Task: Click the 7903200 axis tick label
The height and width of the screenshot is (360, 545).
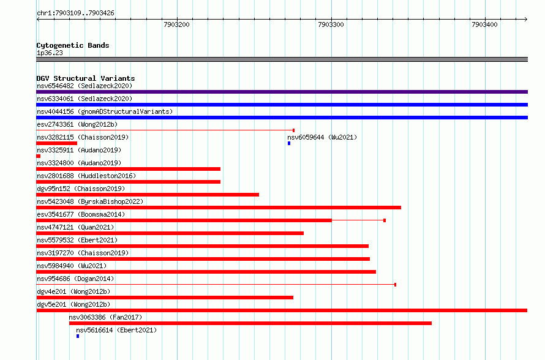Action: pos(176,24)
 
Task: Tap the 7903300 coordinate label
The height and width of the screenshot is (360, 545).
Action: pos(331,24)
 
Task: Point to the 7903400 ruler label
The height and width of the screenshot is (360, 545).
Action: pos(484,24)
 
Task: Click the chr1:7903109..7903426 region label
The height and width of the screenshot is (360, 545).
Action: pos(75,13)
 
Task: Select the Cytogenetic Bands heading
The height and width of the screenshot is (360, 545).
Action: pos(73,45)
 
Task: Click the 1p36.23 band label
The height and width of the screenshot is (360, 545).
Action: pos(50,53)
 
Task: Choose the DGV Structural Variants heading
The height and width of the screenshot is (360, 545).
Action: pos(86,78)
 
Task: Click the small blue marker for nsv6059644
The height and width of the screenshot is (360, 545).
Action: pos(289,143)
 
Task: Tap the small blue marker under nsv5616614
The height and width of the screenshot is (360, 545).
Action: pos(78,336)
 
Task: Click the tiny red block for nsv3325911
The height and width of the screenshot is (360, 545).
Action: pos(38,156)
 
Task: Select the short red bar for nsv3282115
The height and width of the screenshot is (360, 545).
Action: pos(57,143)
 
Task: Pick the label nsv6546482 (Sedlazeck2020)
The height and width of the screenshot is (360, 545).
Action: pos(85,86)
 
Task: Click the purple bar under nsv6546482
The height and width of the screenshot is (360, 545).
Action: pos(282,92)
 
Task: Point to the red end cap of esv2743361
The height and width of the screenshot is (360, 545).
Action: pos(294,130)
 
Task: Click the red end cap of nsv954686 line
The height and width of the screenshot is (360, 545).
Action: pos(395,285)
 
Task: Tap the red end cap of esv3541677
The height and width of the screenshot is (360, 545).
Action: pos(385,220)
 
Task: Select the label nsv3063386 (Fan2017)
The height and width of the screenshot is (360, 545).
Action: pos(105,317)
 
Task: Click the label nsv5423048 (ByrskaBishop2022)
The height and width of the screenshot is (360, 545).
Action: pos(90,201)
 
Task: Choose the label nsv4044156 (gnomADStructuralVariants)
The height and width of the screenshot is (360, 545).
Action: pos(105,111)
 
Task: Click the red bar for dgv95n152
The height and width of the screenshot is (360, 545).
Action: pos(148,195)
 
